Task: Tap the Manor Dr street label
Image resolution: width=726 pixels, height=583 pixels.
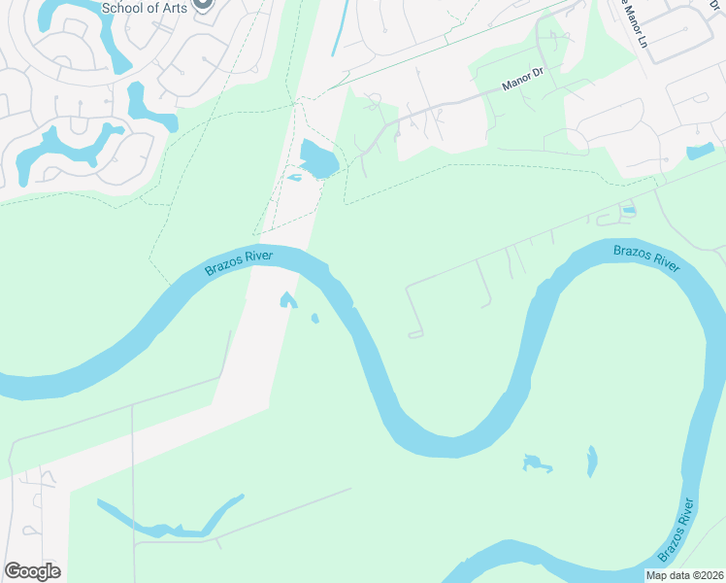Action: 523,85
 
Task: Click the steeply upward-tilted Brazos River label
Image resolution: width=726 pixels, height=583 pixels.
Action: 677,530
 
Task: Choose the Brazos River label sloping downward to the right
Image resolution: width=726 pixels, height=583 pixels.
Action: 645,257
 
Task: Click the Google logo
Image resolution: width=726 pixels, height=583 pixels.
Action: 32,571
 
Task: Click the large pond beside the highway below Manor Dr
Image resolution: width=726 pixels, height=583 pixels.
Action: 318,158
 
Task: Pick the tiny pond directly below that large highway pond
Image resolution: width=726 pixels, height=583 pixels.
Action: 295,178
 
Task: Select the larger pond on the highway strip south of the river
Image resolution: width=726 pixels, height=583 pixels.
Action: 287,300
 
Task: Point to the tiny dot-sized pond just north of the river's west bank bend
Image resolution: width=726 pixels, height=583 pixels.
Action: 314,318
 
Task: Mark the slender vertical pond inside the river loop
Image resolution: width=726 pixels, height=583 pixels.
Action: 592,461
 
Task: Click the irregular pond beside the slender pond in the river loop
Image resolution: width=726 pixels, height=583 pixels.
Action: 537,463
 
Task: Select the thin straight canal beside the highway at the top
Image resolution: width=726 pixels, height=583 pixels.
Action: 339,27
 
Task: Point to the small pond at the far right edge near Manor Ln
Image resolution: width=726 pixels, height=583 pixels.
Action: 700,152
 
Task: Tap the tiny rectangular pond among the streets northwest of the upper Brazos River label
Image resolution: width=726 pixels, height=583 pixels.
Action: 629,210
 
